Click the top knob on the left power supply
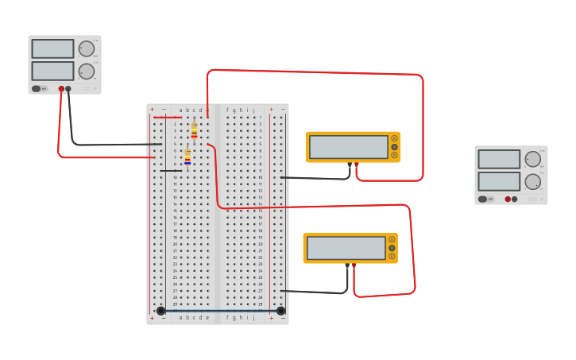tap(86, 48)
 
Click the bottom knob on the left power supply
tap(86, 72)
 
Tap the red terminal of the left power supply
tap(61, 89)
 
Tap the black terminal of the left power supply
tap(68, 89)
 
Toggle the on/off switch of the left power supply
tap(37, 88)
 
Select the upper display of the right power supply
tap(499, 159)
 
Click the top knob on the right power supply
tap(532, 159)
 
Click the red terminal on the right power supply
tap(508, 199)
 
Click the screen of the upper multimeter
tap(348, 146)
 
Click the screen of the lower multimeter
tap(346, 248)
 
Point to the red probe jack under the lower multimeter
tap(354, 265)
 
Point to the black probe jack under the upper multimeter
tap(350, 164)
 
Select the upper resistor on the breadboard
tap(194, 130)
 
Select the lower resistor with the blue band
tap(187, 157)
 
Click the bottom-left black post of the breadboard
tap(161, 311)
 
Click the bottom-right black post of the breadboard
tap(280, 311)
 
